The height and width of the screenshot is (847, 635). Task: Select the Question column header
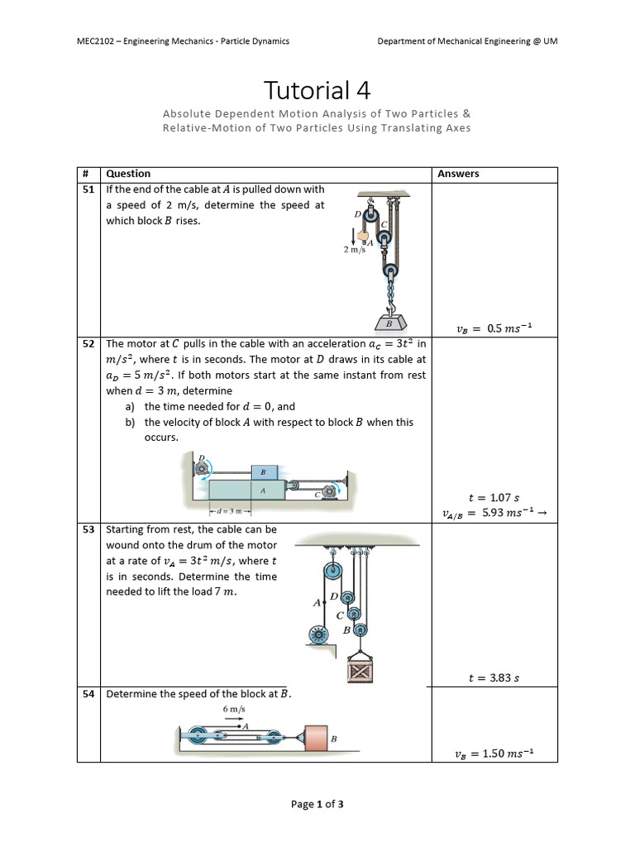coord(128,174)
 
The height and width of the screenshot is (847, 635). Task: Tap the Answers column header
coord(458,174)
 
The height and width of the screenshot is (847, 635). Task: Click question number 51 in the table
coord(88,189)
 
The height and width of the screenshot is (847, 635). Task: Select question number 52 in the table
coord(88,343)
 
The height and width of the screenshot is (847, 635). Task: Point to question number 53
coord(88,529)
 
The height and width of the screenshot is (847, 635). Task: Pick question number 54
coord(88,694)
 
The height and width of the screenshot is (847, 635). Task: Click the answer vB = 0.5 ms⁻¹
coord(494,328)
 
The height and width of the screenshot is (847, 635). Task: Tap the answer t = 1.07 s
coord(494,498)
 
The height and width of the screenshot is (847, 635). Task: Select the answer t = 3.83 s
coord(494,678)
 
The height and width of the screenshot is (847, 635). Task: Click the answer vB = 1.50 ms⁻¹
coord(494,753)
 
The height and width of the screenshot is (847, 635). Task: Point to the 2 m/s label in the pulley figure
coord(355,250)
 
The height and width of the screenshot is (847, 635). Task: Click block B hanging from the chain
coord(388,323)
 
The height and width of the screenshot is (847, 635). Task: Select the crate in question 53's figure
coord(360,671)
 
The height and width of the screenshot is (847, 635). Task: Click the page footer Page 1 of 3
coord(317,804)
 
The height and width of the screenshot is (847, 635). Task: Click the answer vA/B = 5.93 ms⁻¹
coord(494,514)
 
